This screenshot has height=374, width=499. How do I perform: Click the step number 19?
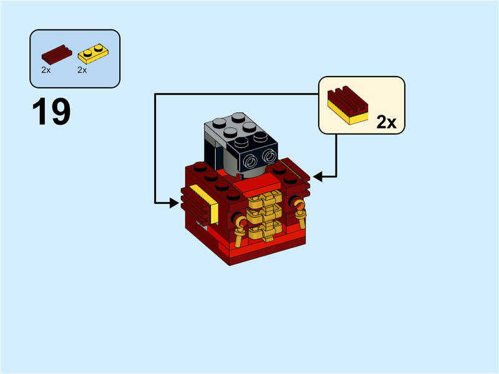[x=51, y=112]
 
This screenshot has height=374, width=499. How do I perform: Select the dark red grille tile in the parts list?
[x=54, y=54]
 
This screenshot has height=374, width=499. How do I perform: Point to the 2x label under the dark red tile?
[x=46, y=70]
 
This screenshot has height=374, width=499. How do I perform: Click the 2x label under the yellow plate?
[x=82, y=70]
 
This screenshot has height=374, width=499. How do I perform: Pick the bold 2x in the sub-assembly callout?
[x=387, y=122]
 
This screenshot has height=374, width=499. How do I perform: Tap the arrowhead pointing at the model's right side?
[x=317, y=177]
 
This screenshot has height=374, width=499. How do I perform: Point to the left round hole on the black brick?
[x=251, y=161]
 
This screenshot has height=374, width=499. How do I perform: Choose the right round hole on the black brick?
[x=269, y=155]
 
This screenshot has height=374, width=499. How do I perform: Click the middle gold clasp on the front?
[x=263, y=216]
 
